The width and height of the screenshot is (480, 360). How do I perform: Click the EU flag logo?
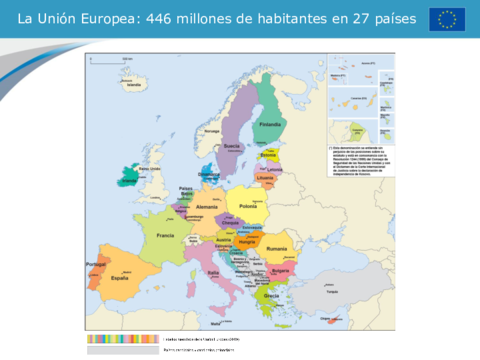point(447,19)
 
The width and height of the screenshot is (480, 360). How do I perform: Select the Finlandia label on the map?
point(271,124)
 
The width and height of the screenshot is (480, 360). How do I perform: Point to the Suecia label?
point(236,144)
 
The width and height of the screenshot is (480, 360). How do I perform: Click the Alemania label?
point(206,205)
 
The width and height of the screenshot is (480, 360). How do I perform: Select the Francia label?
point(165,235)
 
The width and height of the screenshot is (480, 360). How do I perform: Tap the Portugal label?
point(96,265)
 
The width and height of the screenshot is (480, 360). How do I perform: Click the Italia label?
point(212,271)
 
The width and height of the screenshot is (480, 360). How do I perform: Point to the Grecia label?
point(271,296)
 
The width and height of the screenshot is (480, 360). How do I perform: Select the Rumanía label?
point(277,248)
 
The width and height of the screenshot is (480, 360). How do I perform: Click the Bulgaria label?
point(281,270)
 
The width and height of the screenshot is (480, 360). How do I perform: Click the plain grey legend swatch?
point(123,351)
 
